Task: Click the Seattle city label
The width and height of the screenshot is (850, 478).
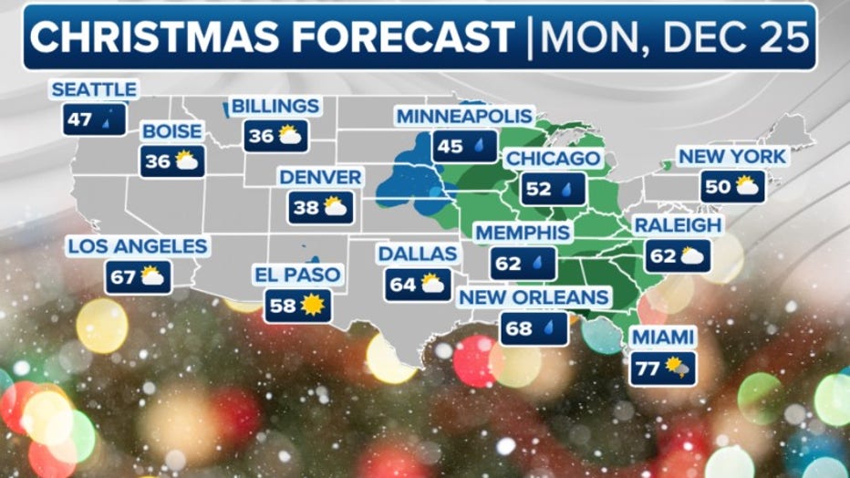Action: point(94,89)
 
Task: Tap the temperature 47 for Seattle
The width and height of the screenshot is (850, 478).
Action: point(79,119)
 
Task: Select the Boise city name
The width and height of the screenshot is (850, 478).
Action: point(171,131)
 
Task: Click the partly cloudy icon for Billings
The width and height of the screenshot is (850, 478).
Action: point(290,137)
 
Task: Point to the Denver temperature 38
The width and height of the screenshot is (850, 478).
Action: point(306,208)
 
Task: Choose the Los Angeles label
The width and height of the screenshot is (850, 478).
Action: point(136,246)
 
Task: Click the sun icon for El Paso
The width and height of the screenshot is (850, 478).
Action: point(313,306)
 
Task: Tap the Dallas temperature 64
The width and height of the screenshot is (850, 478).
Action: point(402,285)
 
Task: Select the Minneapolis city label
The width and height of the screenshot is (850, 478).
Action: point(462,116)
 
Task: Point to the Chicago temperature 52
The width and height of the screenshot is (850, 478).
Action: point(539,190)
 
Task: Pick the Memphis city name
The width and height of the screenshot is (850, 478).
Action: point(523,233)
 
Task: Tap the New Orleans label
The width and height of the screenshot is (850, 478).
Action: point(534,297)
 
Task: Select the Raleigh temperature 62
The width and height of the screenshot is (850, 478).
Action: point(662,256)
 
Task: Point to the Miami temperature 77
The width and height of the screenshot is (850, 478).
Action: point(648,369)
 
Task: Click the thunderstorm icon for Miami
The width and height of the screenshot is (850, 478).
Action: point(678,368)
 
